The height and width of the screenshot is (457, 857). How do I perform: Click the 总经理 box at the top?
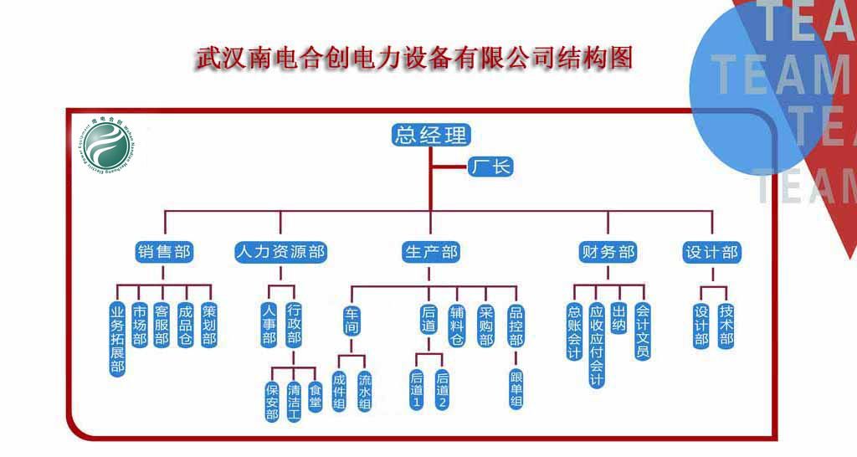(431, 135)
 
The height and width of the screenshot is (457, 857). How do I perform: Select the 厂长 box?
(490, 167)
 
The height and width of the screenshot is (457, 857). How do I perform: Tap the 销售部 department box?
(163, 252)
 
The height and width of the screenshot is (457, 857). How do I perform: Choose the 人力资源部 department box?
(280, 252)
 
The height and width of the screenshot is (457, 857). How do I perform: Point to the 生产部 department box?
(431, 252)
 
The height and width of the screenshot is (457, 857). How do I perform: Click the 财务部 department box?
(608, 252)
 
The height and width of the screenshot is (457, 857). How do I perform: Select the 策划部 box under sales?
(208, 325)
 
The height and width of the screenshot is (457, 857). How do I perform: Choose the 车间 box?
(352, 320)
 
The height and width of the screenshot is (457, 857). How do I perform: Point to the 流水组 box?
(364, 391)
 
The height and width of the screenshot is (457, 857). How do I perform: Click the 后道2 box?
(442, 390)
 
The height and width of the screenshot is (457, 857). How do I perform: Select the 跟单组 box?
(516, 389)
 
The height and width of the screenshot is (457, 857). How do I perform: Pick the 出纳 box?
(618, 319)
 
